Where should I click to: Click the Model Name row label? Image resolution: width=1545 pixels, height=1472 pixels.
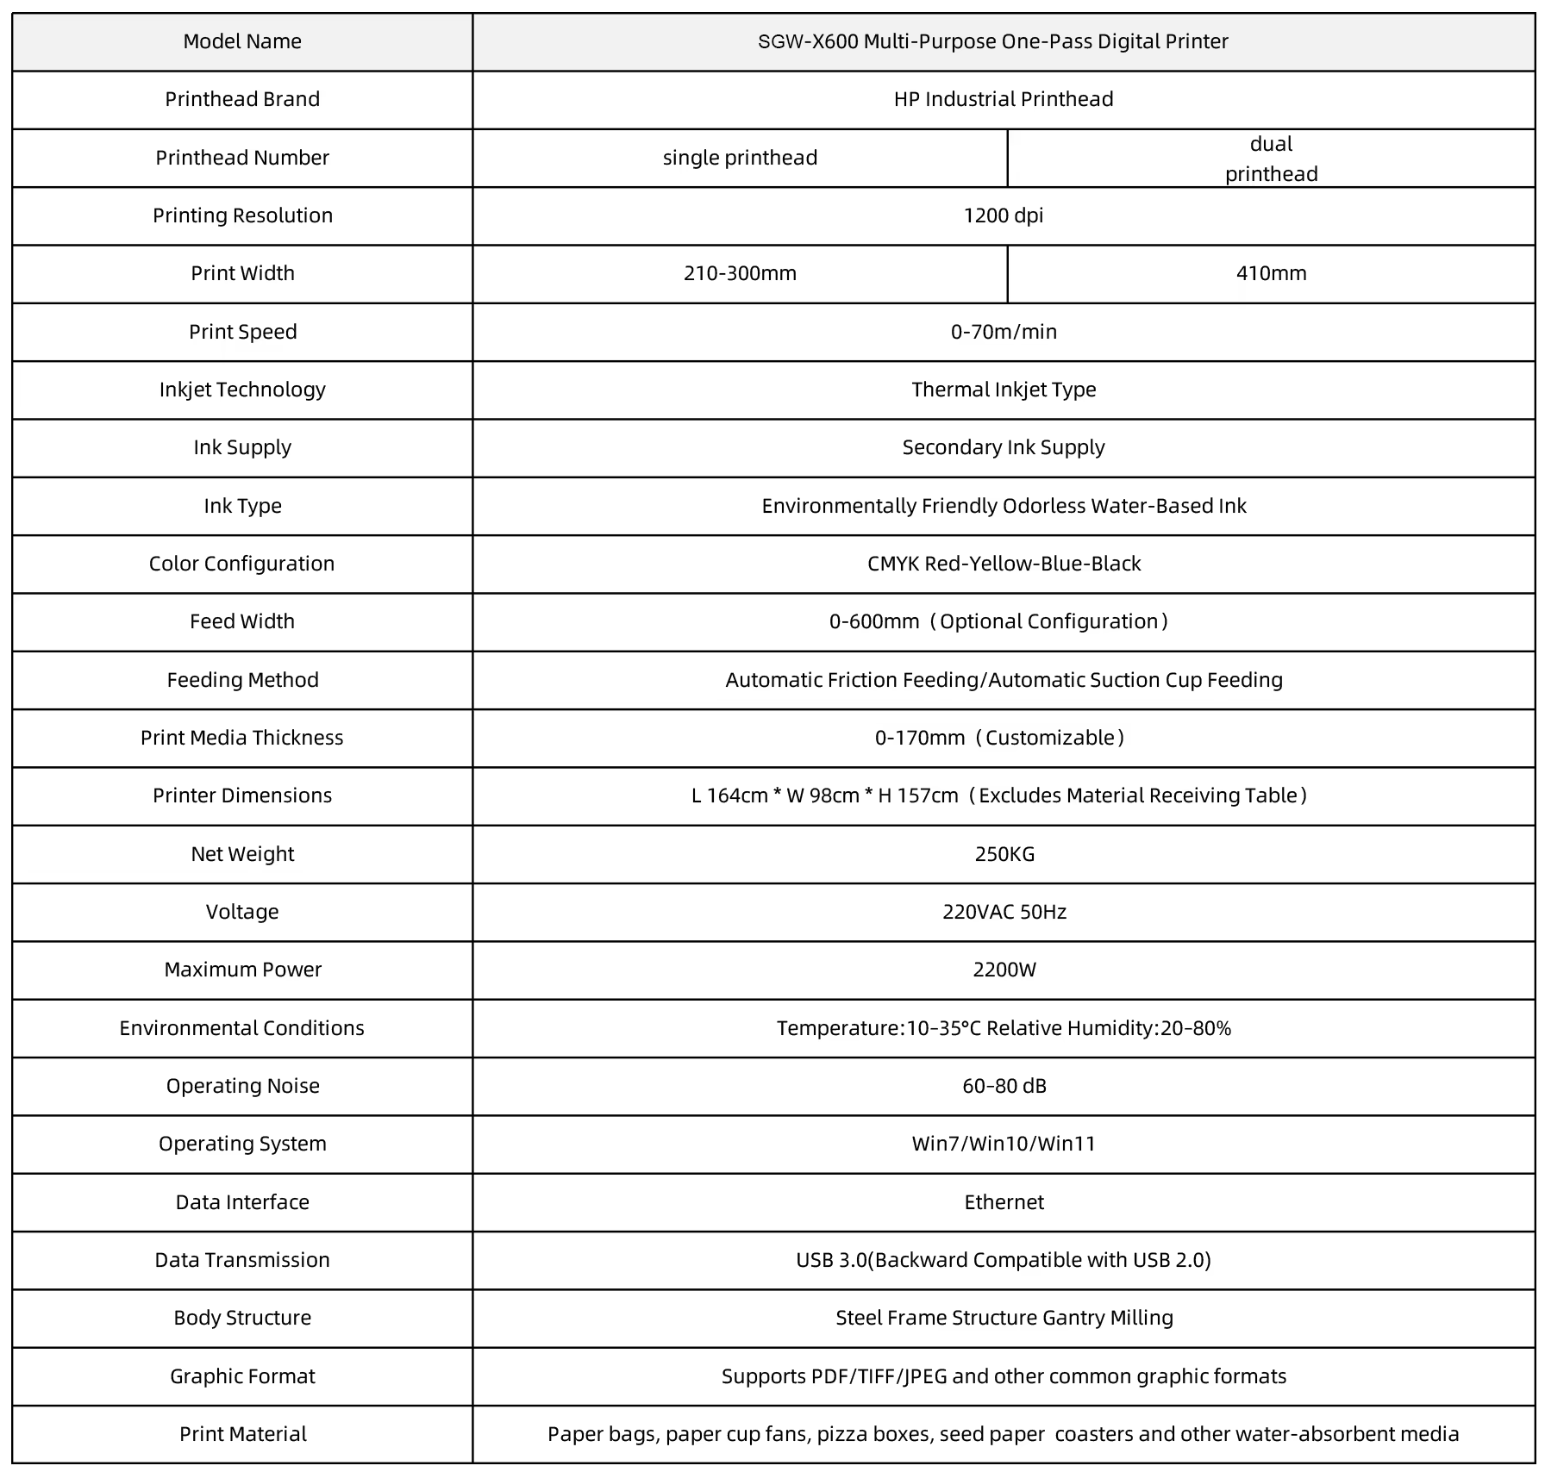point(242,41)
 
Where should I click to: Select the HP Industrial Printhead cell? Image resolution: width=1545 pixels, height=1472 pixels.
point(1004,99)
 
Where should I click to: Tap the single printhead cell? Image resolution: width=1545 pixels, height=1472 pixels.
point(740,158)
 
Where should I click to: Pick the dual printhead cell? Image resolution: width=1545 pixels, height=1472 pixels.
point(1271,159)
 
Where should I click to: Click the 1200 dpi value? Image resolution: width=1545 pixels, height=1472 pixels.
point(1004,215)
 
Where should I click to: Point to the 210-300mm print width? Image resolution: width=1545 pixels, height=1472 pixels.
point(740,273)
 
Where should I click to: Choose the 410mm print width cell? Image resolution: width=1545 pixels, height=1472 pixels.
point(1271,273)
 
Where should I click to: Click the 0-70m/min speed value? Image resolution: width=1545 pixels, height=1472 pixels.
point(1004,332)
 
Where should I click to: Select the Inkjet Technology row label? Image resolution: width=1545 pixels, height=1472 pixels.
point(242,390)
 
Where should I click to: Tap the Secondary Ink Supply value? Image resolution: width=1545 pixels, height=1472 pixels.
point(1004,447)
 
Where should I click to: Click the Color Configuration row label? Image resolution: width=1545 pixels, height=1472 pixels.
point(241,564)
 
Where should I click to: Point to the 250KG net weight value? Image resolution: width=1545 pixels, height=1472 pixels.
point(1004,854)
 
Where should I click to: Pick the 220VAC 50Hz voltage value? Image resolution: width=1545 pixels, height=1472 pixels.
point(1004,912)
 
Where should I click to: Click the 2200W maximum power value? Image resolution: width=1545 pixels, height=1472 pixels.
point(1004,970)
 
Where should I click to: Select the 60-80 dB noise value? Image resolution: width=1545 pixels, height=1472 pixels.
point(1004,1086)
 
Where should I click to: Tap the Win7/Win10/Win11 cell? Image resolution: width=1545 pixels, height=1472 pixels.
point(1004,1144)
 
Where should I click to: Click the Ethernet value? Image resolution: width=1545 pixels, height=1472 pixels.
point(1004,1202)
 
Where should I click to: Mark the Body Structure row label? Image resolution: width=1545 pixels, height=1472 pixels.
point(242,1318)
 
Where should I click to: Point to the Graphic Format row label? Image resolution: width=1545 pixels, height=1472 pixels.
point(242,1376)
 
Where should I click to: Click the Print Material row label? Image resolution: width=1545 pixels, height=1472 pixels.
point(242,1434)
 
